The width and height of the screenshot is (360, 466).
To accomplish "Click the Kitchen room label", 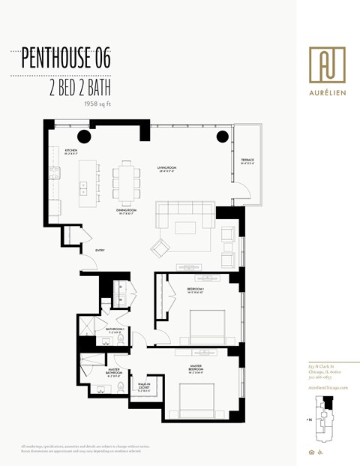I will [x=71, y=152].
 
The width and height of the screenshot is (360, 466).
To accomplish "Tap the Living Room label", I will [x=166, y=169].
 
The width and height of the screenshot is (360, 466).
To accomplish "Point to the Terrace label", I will [x=247, y=161].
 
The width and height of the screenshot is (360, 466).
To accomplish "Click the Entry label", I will [x=100, y=251].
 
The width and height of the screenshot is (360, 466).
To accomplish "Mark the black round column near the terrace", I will [x=223, y=137].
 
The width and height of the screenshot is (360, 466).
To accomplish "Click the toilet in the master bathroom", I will [x=120, y=388].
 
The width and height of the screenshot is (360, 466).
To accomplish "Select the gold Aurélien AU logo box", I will [x=327, y=65].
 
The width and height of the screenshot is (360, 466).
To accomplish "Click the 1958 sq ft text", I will [x=97, y=104].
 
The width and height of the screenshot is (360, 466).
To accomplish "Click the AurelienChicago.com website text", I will [x=327, y=386].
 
